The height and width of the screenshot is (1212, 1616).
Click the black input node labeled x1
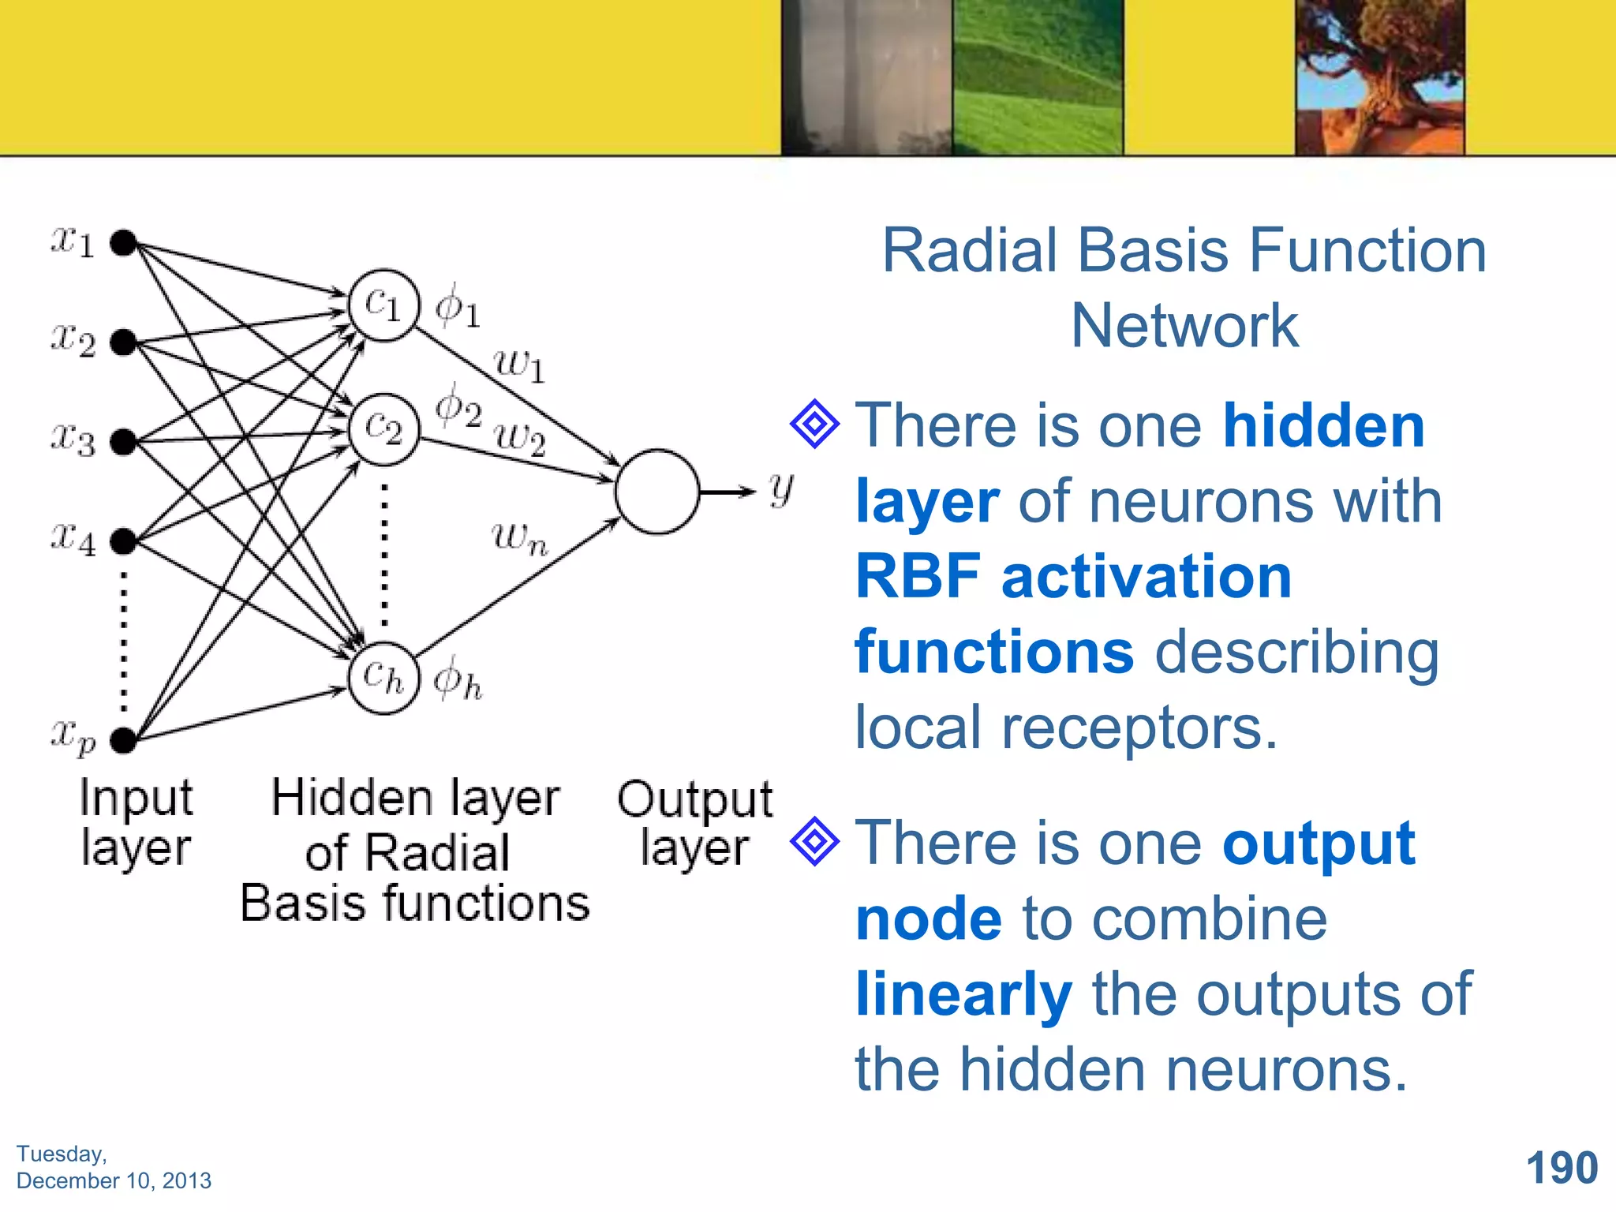click(123, 243)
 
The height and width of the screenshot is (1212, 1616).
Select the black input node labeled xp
click(123, 740)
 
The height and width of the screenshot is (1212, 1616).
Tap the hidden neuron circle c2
click(384, 430)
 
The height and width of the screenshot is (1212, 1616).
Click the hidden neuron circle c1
click(384, 306)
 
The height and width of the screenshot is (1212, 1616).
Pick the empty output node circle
click(656, 492)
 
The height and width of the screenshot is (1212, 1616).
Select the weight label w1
click(519, 365)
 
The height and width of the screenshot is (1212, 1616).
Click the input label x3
click(73, 439)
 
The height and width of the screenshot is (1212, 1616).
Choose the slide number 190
click(1562, 1168)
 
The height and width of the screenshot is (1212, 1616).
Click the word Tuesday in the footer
click(62, 1154)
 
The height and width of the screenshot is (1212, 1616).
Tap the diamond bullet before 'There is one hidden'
click(814, 425)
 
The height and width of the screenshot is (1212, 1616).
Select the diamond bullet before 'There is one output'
click(814, 842)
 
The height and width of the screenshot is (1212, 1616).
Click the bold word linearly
click(963, 994)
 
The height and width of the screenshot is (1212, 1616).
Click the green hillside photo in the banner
click(1038, 77)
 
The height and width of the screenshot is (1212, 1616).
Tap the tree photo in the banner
click(1379, 77)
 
